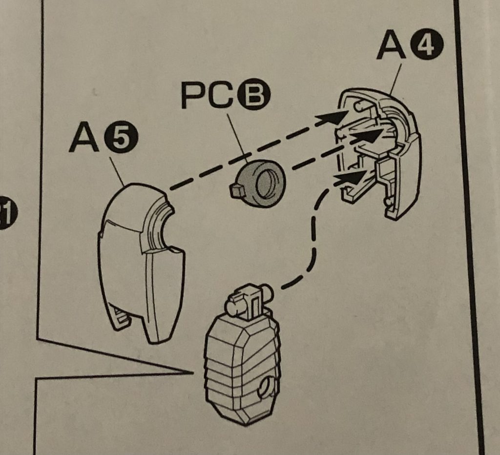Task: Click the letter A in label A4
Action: pyautogui.click(x=392, y=46)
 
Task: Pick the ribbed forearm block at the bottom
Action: pyautogui.click(x=242, y=366)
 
